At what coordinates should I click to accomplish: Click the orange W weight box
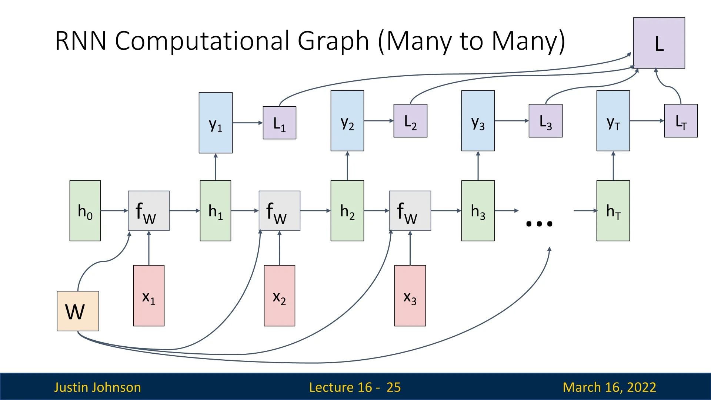[x=78, y=311]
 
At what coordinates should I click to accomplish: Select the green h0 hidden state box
[x=85, y=211]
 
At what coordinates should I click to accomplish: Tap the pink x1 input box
[x=149, y=296]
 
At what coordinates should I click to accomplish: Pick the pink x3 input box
[x=410, y=296]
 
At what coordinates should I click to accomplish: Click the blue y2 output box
[x=347, y=121]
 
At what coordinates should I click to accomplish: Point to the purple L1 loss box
[x=280, y=123]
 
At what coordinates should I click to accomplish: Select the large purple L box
[x=659, y=43]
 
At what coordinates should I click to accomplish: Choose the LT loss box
[x=681, y=121]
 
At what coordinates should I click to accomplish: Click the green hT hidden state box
[x=613, y=211]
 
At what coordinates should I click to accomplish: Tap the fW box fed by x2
[x=280, y=211]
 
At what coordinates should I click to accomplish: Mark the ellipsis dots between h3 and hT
[x=539, y=224]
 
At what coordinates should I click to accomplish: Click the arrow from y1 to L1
[x=247, y=123]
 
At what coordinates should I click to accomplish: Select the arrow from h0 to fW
[x=114, y=211]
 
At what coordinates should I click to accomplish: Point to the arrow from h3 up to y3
[x=478, y=166]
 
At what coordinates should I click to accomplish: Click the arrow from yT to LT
[x=647, y=121]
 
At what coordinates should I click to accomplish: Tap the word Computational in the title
[x=242, y=41]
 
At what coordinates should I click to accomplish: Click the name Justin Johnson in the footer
[x=97, y=387]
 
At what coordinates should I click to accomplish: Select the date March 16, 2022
[x=610, y=387]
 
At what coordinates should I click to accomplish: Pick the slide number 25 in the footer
[x=394, y=387]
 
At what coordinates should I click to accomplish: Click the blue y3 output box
[x=478, y=121]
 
